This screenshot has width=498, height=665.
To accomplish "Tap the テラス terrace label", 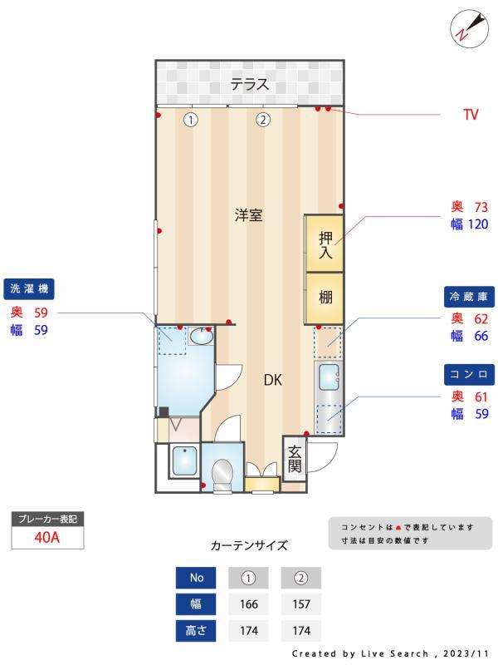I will coord(250,84).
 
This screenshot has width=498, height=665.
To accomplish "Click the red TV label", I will coord(471,115).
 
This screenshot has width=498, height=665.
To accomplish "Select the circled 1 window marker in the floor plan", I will coord(191,119).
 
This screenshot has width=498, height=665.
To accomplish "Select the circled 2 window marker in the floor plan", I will coord(263,119).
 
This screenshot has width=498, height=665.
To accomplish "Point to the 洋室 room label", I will coord(248,215).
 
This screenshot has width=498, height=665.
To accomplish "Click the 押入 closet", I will coord(325,244).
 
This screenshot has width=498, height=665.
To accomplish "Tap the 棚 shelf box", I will coord(325,297).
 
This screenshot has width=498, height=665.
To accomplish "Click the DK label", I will coord(273,380).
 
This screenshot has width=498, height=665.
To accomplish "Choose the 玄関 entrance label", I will coord(295,458).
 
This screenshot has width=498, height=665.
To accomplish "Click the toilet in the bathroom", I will coord(222,474).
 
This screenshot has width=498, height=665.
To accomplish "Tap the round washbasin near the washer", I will coord(200,337).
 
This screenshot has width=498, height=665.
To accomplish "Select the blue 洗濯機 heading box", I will coord(30,288).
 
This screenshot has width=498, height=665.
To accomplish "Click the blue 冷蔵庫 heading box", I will coord(469,296).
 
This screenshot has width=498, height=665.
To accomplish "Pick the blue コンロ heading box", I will coord(469,373).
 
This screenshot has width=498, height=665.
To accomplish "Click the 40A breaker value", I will coord(47,537).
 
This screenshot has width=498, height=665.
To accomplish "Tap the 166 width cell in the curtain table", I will coord(248,604).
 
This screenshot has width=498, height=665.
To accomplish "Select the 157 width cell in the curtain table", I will coord(300,604).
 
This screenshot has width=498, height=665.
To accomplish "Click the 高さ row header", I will coord(196,631).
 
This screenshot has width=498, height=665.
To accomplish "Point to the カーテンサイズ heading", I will coord(249,545).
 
